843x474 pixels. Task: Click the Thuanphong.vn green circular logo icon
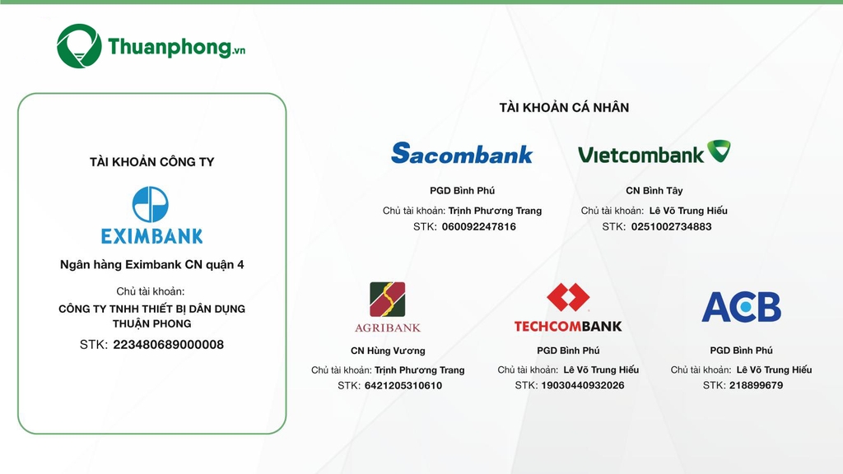pyautogui.click(x=79, y=46)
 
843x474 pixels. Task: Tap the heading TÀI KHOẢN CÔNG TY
pyautogui.click(x=151, y=162)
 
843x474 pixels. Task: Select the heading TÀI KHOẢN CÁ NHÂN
pyautogui.click(x=564, y=108)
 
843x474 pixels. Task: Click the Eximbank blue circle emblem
pyautogui.click(x=151, y=204)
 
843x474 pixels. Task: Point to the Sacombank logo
pyautogui.click(x=462, y=153)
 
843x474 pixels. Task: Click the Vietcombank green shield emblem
pyautogui.click(x=719, y=151)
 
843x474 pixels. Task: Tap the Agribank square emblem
pyautogui.click(x=387, y=300)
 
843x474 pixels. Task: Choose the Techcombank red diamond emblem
pyautogui.click(x=568, y=297)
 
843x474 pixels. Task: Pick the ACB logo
pyautogui.click(x=742, y=307)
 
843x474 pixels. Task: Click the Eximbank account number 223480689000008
pyautogui.click(x=168, y=345)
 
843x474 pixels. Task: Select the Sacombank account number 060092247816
pyautogui.click(x=479, y=227)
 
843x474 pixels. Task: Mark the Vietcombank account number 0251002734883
pyautogui.click(x=672, y=227)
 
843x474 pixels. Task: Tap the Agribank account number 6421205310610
pyautogui.click(x=403, y=385)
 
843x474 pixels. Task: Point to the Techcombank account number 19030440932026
pyautogui.click(x=583, y=385)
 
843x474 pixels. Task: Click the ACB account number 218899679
pyautogui.click(x=756, y=385)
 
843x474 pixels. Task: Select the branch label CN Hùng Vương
pyautogui.click(x=388, y=351)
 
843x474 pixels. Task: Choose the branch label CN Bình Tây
pyautogui.click(x=654, y=191)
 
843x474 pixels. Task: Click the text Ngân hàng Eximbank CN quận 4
pyautogui.click(x=152, y=264)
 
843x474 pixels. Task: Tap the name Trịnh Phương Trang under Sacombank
pyautogui.click(x=495, y=211)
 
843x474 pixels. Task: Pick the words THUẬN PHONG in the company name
pyautogui.click(x=151, y=323)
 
